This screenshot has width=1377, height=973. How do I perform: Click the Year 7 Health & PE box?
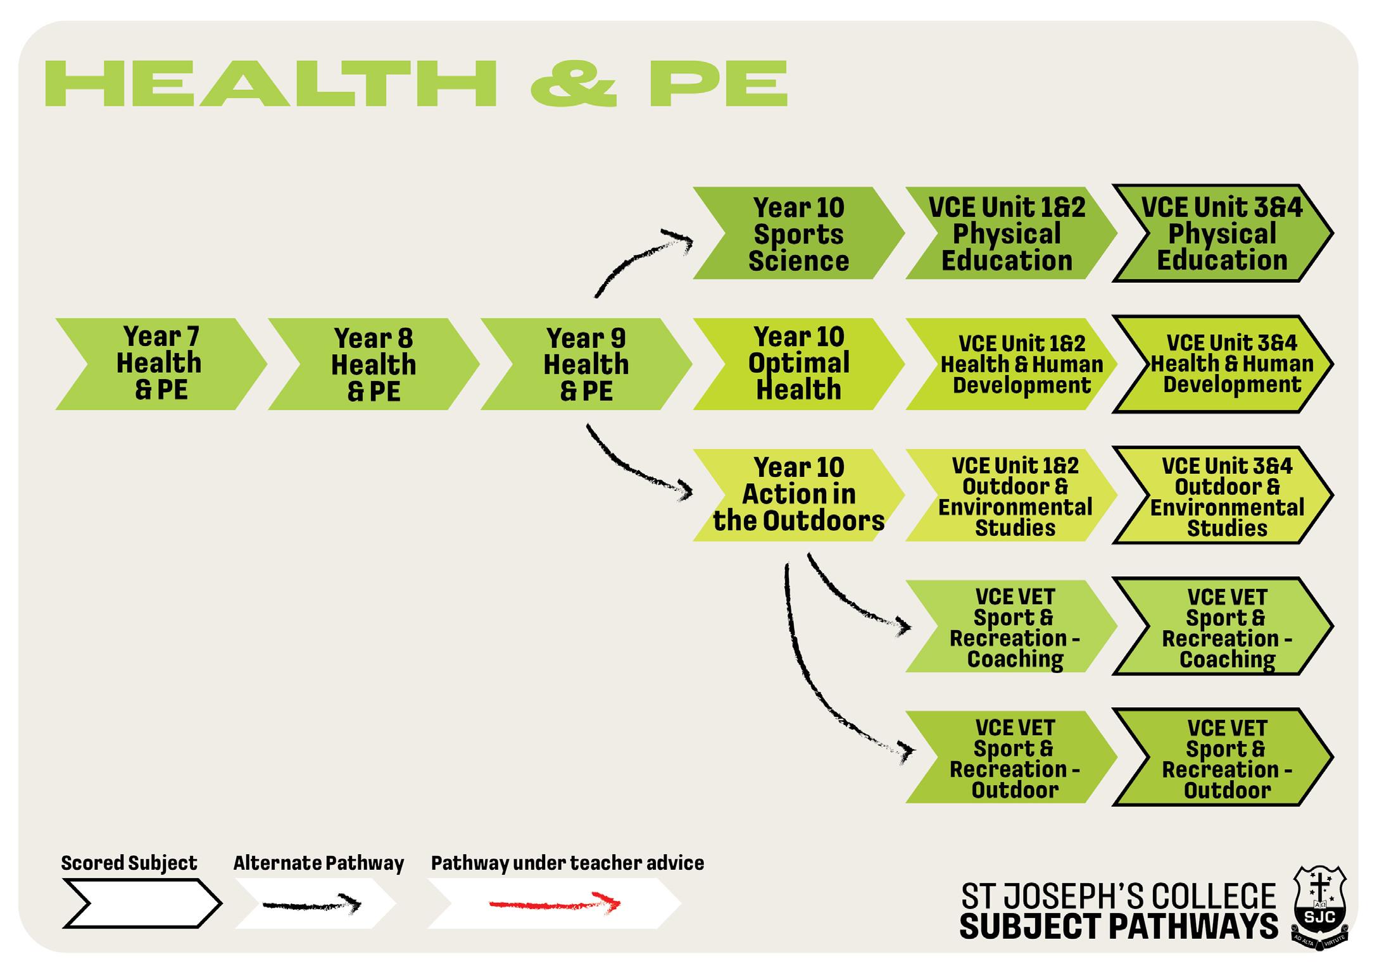tap(160, 364)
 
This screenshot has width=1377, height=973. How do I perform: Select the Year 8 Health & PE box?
tap(373, 364)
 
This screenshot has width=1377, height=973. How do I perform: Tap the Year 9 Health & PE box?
tap(586, 364)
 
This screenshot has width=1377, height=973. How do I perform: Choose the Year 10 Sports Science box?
tap(798, 233)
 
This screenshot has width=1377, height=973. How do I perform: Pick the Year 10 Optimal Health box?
tap(798, 364)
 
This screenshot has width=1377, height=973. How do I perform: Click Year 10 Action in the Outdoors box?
tap(798, 495)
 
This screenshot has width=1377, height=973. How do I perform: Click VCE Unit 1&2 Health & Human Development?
tap(1021, 364)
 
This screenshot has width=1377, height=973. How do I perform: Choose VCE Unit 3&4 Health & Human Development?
tap(1231, 364)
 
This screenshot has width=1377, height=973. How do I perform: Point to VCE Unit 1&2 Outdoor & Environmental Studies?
tap(1015, 496)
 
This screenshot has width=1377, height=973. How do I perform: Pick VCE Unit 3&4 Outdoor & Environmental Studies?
tap(1227, 497)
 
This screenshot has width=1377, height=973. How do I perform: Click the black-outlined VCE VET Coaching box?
tap(1227, 627)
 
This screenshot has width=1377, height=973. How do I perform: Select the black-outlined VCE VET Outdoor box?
tap(1227, 758)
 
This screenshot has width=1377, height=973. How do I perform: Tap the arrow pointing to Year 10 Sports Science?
tap(639, 259)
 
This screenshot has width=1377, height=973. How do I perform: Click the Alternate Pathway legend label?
tap(318, 864)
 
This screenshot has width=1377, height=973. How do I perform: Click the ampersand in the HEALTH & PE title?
tap(573, 84)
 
